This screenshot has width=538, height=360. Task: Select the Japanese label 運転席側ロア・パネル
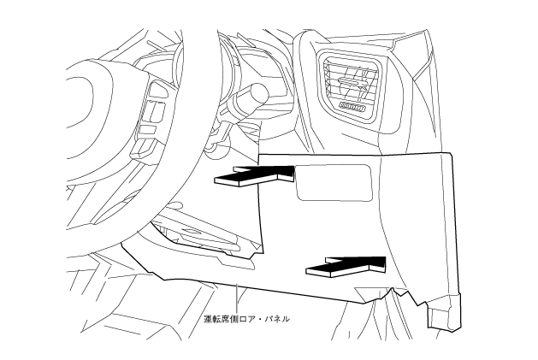(247, 319)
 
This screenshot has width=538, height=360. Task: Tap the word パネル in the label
(277, 319)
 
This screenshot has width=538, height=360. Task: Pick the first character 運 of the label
(208, 319)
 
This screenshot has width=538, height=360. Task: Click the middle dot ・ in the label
(261, 319)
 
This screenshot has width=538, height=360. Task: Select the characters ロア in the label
(249, 319)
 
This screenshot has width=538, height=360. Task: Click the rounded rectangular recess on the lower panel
(334, 181)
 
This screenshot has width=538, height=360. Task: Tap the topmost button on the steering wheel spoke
(158, 90)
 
